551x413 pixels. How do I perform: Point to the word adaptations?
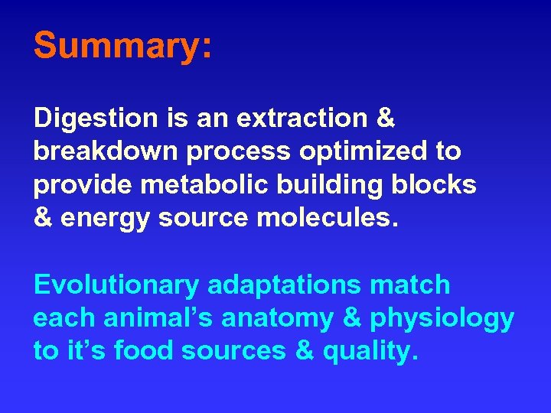(284, 285)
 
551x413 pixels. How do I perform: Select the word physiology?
(442, 318)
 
